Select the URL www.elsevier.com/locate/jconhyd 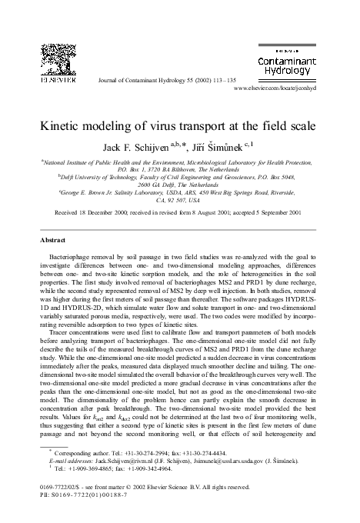(x=285, y=88)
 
